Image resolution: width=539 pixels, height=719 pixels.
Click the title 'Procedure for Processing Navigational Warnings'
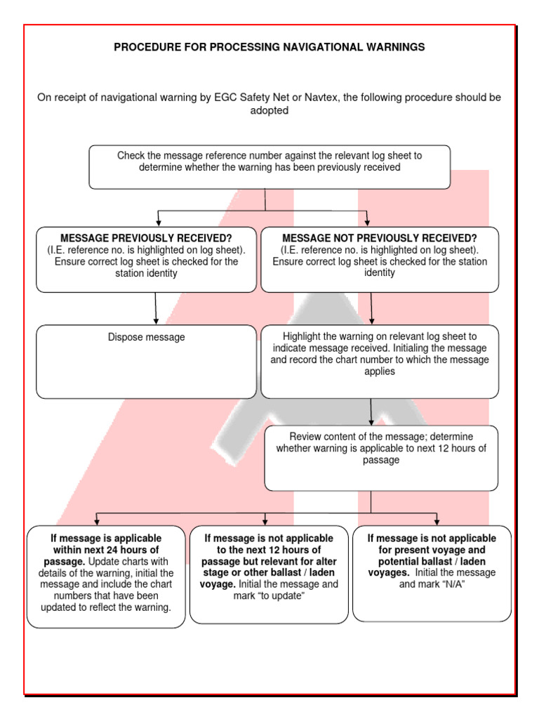pyautogui.click(x=269, y=47)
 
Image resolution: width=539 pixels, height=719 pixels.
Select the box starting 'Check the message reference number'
pyautogui.click(x=269, y=167)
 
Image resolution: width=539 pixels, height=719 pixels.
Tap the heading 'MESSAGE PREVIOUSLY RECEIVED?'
pyautogui.click(x=145, y=238)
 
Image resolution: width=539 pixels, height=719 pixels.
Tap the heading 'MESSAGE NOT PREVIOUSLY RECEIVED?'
pyautogui.click(x=379, y=238)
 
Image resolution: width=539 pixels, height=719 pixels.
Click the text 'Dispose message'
pyautogui.click(x=146, y=337)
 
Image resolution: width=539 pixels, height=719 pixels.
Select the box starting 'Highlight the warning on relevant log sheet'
pyautogui.click(x=380, y=360)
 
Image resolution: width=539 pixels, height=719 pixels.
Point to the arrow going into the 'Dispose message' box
pyautogui.click(x=155, y=308)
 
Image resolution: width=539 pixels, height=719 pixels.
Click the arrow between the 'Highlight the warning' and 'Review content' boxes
pyautogui.click(x=371, y=411)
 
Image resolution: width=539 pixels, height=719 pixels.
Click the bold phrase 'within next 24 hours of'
pyautogui.click(x=106, y=550)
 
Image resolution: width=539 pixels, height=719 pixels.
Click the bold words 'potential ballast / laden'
pyautogui.click(x=432, y=562)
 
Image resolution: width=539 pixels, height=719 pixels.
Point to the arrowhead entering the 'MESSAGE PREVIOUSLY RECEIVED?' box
pyautogui.click(x=159, y=222)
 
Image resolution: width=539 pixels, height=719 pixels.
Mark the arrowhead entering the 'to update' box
pyautogui.click(x=265, y=521)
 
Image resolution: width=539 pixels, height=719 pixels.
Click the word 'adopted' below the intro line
pyautogui.click(x=269, y=111)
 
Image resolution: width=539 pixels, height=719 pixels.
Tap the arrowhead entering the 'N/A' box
pyautogui.click(x=437, y=521)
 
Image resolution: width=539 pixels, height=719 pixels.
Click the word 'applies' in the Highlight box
pyautogui.click(x=380, y=371)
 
